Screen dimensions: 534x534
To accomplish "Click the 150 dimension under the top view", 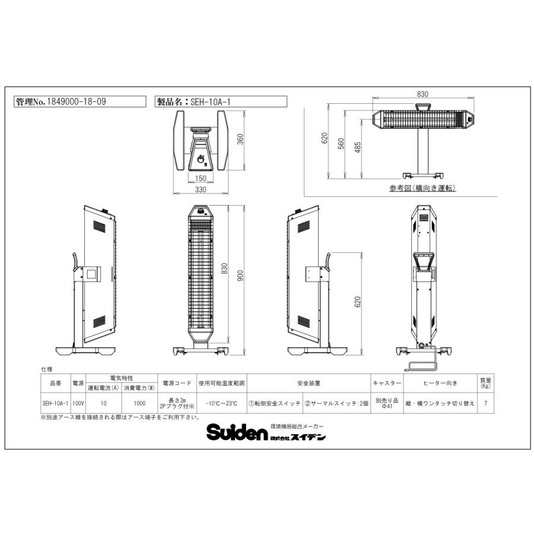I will [200, 179].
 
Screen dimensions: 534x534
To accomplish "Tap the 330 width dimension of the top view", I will [201, 190].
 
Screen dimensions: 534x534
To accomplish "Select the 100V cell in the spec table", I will [78, 402].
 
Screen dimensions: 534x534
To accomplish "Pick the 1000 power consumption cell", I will [138, 402].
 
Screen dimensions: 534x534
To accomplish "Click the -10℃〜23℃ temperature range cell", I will [222, 402].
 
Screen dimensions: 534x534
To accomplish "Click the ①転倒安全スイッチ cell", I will [275, 402].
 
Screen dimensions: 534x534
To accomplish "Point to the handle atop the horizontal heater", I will [423, 107].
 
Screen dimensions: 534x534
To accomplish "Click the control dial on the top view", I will [200, 158].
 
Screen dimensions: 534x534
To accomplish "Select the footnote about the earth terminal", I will [119, 417].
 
